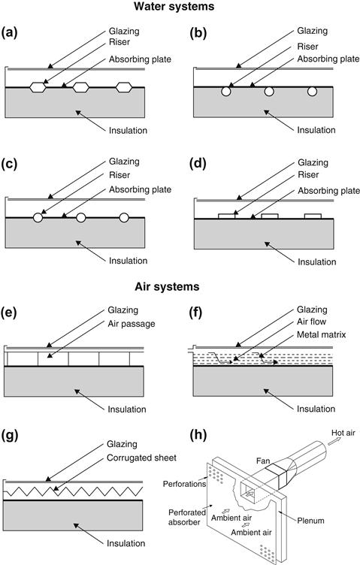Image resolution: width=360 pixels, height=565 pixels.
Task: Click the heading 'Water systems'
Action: [174, 7]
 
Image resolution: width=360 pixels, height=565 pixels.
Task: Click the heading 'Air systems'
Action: [167, 286]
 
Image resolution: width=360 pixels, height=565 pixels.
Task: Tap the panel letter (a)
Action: [10, 33]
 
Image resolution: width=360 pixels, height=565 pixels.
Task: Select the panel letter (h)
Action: [198, 435]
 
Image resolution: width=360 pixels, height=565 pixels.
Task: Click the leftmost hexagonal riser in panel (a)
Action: [38, 87]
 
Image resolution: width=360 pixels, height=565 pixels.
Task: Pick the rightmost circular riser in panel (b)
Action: [312, 91]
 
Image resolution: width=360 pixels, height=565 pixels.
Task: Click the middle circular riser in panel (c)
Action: [81, 217]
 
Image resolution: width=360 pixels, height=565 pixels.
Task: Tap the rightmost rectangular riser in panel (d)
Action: [313, 216]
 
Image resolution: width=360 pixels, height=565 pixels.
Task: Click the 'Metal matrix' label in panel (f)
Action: [321, 335]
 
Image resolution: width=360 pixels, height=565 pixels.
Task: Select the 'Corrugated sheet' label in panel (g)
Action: [141, 458]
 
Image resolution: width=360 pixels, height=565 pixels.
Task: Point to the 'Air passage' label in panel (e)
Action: [132, 324]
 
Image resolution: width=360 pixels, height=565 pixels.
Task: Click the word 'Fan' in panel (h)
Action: [263, 461]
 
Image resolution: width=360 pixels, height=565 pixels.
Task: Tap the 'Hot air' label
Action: [343, 433]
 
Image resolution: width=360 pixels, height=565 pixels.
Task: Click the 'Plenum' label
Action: [310, 521]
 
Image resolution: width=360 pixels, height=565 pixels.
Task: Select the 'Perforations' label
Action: [184, 484]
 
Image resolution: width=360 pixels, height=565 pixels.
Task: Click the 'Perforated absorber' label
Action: [187, 517]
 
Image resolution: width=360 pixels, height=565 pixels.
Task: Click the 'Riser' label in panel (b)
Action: [307, 47]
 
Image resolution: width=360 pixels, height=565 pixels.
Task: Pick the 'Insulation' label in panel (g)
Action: [126, 543]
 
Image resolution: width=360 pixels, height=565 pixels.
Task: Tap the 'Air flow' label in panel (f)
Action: [311, 322]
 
